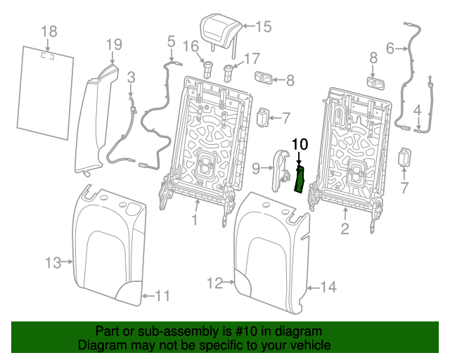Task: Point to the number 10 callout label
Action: coord(300,144)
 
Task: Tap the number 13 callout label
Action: coord(53,263)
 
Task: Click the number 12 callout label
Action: coord(215,283)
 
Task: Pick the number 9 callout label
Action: coord(256,167)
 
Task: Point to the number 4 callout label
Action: coord(418,110)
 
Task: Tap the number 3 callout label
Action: coord(131,76)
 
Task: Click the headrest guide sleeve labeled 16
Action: coord(208,70)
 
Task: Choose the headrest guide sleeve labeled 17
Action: coord(229,71)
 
